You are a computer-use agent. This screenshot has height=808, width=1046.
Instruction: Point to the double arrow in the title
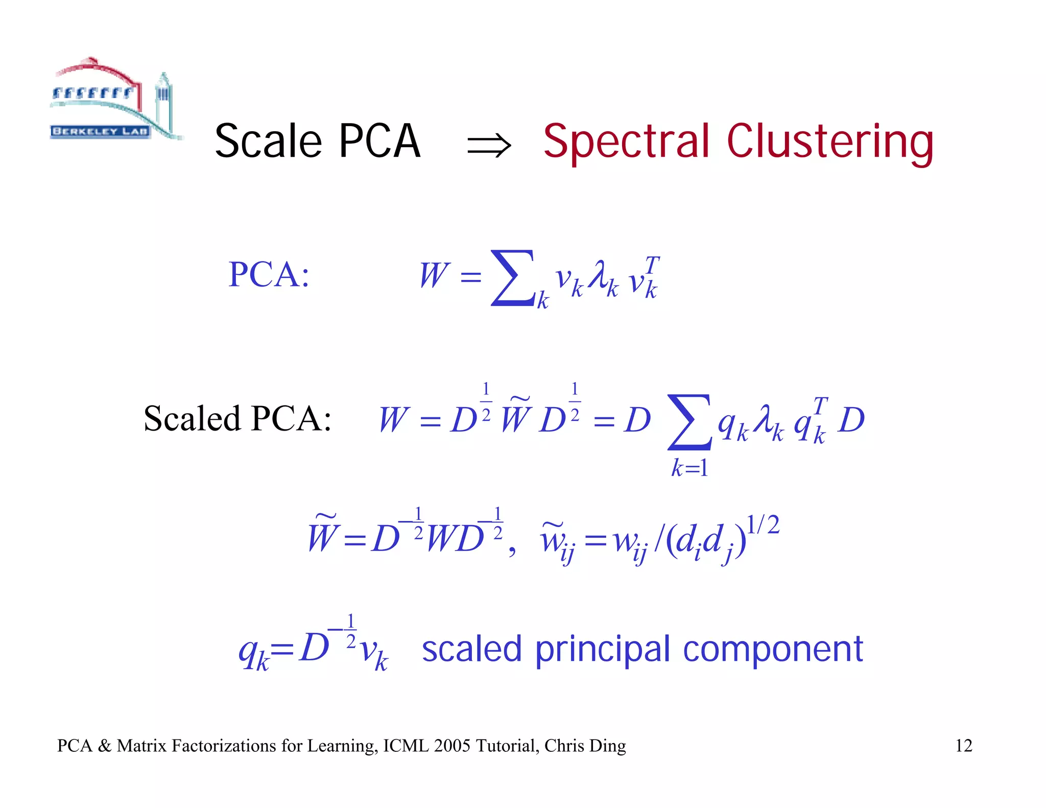(x=488, y=145)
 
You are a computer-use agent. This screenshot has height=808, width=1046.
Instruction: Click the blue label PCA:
(x=269, y=275)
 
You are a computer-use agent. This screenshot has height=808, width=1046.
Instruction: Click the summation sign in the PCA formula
(x=512, y=278)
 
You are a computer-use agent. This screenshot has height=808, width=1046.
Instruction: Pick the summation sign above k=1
(x=689, y=422)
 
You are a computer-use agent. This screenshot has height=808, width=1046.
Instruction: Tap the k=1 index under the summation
(x=690, y=468)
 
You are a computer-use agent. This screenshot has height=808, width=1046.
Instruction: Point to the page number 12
(x=963, y=746)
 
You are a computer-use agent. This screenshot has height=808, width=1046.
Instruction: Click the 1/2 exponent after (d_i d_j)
(x=763, y=525)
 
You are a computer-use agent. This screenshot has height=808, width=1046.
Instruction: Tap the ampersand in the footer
(x=104, y=746)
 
